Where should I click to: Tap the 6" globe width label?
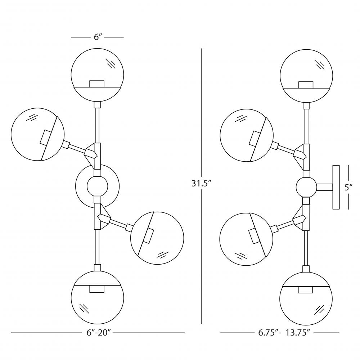[x=97, y=37]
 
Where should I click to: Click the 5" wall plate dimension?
[x=348, y=187]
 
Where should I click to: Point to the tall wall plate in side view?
[x=336, y=187]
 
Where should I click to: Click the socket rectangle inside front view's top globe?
[x=97, y=84]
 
